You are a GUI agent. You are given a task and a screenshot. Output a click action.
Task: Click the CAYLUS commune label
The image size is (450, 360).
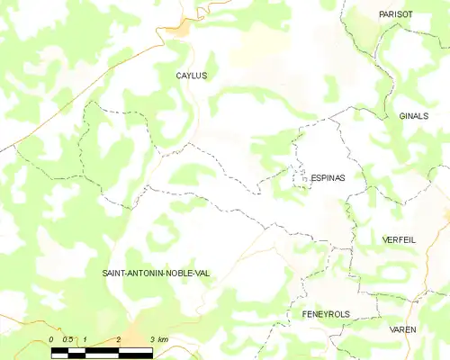tap(191, 76)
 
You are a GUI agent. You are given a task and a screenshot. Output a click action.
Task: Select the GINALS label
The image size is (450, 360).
tap(413, 117)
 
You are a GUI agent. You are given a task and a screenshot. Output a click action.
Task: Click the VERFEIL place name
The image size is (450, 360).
tap(399, 241)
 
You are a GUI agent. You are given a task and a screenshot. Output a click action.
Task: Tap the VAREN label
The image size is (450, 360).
tap(402, 330)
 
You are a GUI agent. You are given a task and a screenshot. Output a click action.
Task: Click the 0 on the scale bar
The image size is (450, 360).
tap(52, 339)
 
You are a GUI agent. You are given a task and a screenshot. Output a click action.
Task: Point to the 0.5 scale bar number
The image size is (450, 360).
tap(68, 339)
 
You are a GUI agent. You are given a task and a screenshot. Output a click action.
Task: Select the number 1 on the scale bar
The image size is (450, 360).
tap(85, 339)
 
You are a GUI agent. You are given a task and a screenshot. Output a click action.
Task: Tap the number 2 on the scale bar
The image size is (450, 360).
tap(119, 339)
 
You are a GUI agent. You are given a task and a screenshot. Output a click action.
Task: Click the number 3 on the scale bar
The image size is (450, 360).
tap(152, 339)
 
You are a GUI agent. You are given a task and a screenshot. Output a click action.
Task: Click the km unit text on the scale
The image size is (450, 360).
tap(162, 339)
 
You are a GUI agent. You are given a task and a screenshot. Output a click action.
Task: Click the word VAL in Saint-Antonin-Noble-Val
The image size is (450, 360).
tap(199, 272)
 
